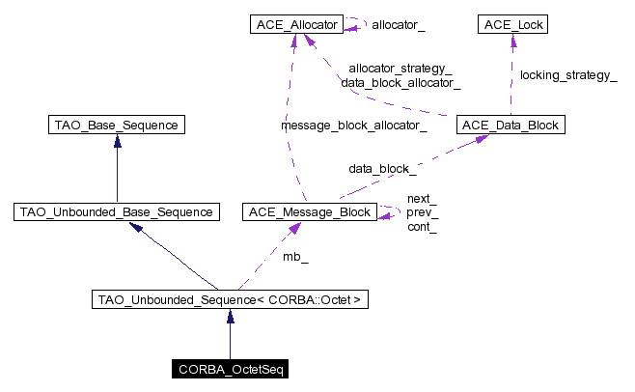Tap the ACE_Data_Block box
click(510, 125)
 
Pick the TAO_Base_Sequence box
click(117, 125)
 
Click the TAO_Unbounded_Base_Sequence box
click(116, 211)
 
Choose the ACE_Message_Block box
click(309, 211)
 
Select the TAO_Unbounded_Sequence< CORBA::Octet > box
click(230, 300)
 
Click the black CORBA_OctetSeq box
click(229, 369)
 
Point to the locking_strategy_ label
click(568, 74)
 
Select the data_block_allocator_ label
click(400, 83)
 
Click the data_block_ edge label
click(383, 168)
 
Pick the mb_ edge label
click(295, 257)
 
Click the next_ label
click(422, 198)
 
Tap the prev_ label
click(422, 212)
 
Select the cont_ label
click(422, 227)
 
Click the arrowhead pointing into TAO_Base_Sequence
click(117, 140)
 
